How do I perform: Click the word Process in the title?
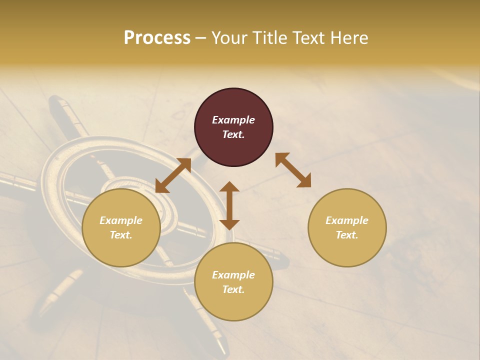point(157,38)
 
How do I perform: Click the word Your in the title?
point(230,38)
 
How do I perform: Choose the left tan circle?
point(121,245)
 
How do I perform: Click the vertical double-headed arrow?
point(229,205)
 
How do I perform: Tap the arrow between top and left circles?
point(173,175)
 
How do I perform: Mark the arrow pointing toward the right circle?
point(293,170)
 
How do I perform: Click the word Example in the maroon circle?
point(233,120)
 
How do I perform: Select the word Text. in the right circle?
point(347,235)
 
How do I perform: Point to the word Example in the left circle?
point(121,220)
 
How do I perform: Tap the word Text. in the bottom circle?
point(233,289)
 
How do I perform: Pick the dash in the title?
point(201,38)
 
